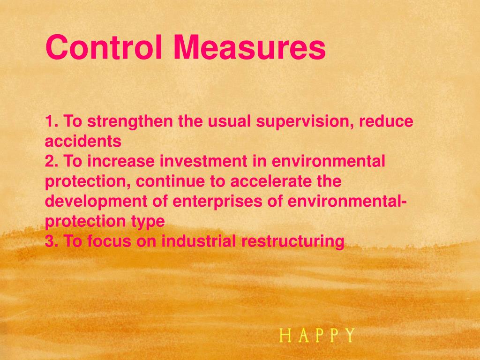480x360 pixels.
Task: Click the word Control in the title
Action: [x=105, y=48]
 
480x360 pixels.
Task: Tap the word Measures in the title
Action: [x=249, y=48]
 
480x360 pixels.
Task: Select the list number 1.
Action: [x=51, y=122]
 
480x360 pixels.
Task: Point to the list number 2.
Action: [x=51, y=161]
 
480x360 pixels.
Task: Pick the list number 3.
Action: [x=51, y=241]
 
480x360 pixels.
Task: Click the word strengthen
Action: [x=130, y=122]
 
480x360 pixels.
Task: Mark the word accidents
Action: [x=83, y=141]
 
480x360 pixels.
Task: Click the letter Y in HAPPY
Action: [x=349, y=336]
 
